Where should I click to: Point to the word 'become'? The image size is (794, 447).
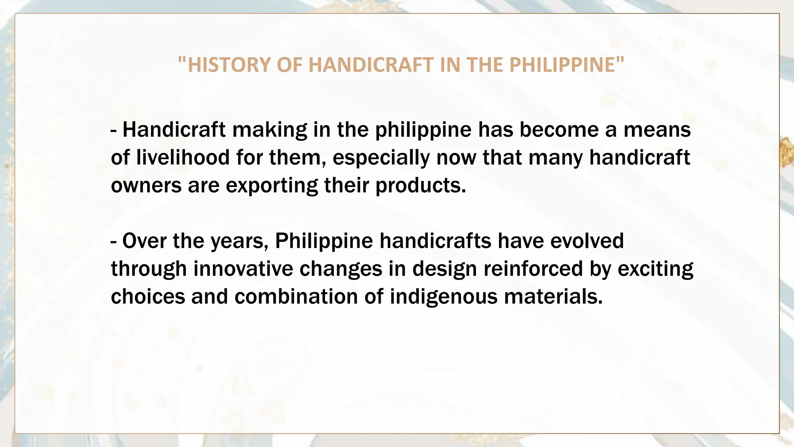click(x=559, y=130)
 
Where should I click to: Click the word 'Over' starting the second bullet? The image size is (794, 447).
click(x=144, y=241)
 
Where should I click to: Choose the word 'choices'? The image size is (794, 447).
click(x=148, y=297)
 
